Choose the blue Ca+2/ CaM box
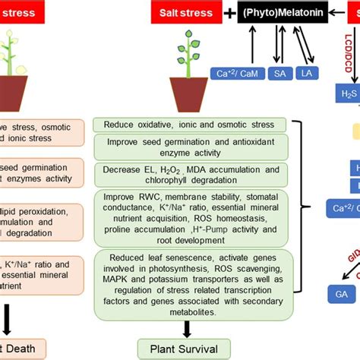coord(231,73)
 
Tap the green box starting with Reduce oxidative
coord(190,125)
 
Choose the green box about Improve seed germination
coord(190,147)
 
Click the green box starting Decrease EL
coord(190,175)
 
